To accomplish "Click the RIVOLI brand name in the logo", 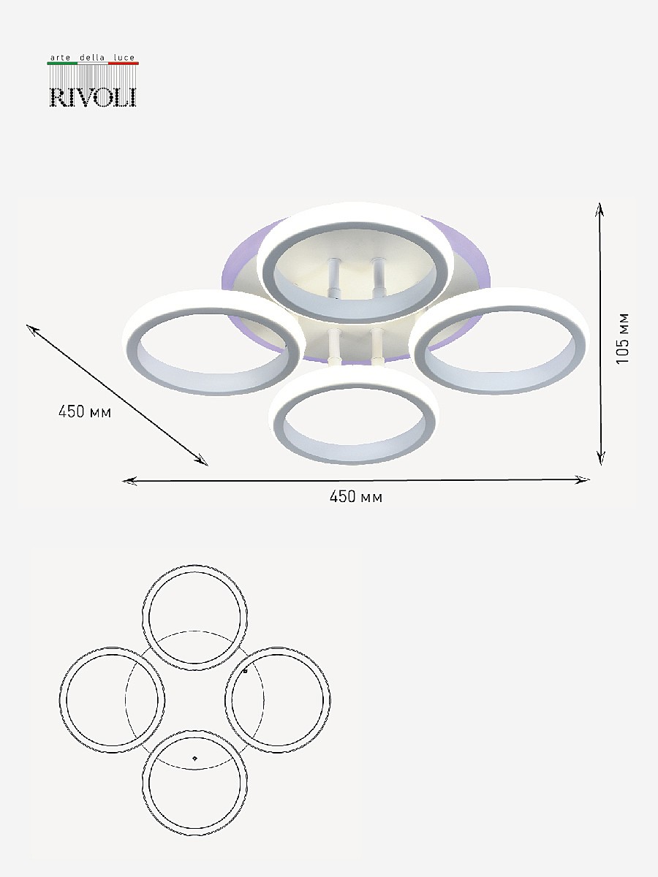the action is coord(93,97).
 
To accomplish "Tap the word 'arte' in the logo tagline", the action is coord(61,58).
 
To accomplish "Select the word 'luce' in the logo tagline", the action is coord(124,58).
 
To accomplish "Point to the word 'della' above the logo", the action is coord(92,58).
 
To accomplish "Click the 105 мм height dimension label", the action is coord(622,338).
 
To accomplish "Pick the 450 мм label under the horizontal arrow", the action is coord(356,497).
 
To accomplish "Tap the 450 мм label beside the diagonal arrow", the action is coord(85,411).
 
